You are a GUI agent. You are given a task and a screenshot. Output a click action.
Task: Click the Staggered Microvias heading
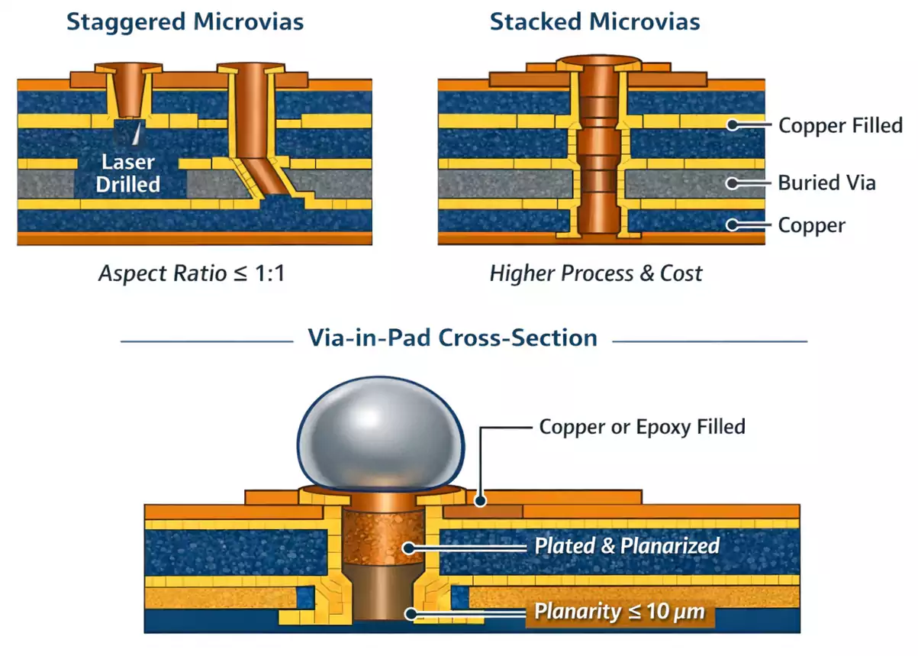point(185,21)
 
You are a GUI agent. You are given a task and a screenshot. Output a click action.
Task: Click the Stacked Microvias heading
point(594,21)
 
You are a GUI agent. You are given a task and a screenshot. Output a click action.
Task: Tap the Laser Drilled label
point(127,173)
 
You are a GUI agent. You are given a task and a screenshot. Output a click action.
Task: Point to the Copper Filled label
point(840,125)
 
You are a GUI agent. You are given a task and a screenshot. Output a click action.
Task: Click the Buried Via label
point(826,183)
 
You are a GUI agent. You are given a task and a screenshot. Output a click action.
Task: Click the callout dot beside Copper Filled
point(733,124)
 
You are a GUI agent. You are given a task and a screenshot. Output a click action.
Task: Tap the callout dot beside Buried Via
point(733,183)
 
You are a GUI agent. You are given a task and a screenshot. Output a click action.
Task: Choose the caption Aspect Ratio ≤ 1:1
point(192,273)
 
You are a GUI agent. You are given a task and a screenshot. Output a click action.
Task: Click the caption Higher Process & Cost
point(595,273)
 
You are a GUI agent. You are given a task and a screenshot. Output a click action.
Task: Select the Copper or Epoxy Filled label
point(642,426)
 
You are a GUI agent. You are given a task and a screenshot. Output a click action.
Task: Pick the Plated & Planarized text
point(626,546)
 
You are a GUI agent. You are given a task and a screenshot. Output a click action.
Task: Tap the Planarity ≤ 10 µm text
point(619,612)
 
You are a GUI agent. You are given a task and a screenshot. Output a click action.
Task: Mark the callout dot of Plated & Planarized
point(411,547)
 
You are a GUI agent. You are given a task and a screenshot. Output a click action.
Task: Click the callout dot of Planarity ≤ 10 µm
point(411,612)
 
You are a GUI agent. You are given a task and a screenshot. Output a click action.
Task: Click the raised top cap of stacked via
point(599,60)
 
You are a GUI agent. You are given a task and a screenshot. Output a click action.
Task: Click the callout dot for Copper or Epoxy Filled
point(479,501)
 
